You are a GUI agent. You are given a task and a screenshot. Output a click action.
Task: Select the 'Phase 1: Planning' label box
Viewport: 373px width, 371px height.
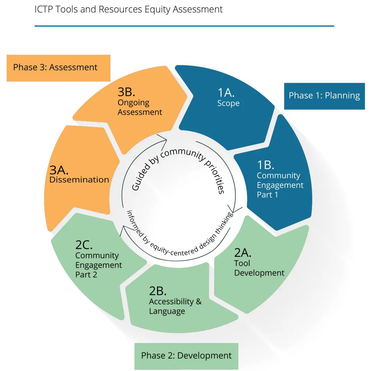click(x=324, y=96)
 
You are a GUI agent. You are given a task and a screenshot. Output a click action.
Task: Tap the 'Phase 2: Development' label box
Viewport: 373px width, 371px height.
click(x=186, y=355)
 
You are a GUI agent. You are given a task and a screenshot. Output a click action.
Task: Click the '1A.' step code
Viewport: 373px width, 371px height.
click(x=226, y=93)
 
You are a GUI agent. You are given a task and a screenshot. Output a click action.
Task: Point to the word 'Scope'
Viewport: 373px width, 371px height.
click(x=228, y=103)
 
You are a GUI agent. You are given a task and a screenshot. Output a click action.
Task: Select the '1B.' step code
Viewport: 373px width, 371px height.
click(x=266, y=165)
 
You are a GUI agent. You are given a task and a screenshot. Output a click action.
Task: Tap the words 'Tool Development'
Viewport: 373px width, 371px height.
click(x=259, y=268)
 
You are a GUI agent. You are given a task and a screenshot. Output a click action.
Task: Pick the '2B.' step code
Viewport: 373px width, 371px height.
click(x=158, y=291)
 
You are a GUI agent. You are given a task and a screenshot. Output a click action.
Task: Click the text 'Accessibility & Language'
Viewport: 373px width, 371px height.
click(x=175, y=306)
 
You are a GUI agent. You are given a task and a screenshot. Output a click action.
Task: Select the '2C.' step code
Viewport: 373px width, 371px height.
click(x=84, y=245)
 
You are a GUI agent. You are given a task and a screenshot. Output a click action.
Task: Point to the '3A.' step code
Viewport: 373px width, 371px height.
click(x=59, y=170)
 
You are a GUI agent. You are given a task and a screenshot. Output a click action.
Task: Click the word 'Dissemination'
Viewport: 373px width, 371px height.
click(x=79, y=180)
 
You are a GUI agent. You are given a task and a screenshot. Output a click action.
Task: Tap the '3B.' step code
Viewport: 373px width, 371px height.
click(x=127, y=92)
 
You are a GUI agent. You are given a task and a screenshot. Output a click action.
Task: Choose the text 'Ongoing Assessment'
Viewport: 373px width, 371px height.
click(x=139, y=108)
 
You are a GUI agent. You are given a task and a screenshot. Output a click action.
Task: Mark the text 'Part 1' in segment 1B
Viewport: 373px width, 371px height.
click(x=267, y=195)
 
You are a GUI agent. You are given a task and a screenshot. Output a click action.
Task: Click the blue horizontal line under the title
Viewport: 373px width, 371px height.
click(x=184, y=26)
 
